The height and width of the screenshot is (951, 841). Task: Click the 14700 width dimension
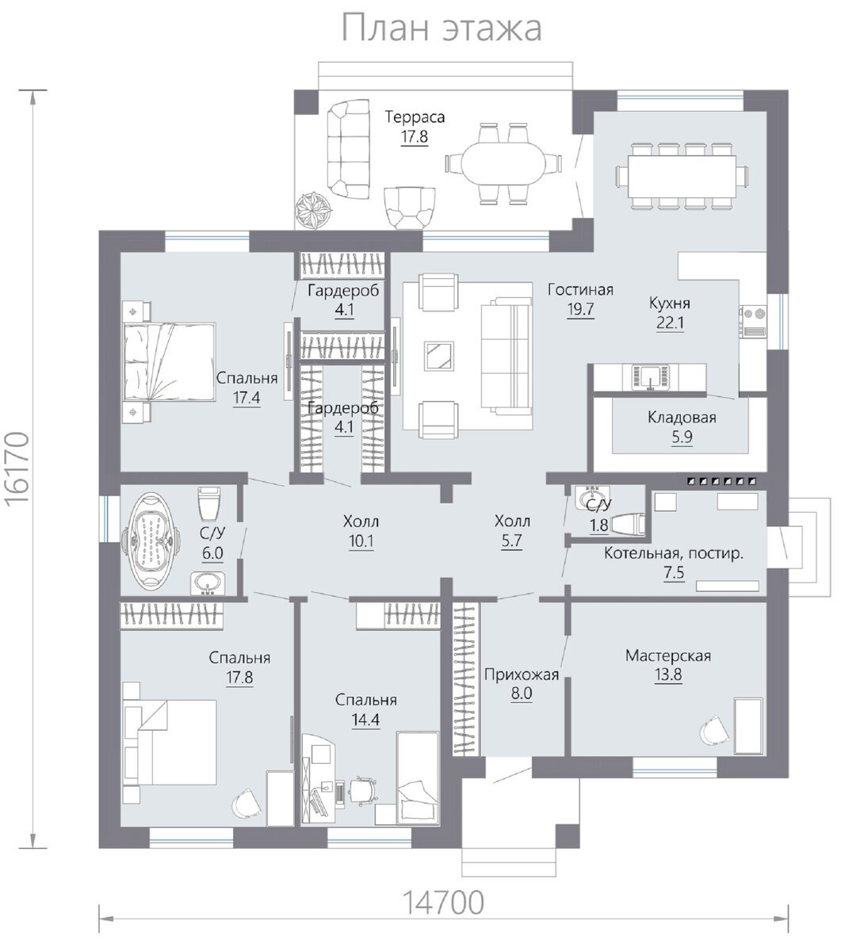pyautogui.click(x=443, y=902)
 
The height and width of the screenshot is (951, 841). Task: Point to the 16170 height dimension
pyautogui.click(x=19, y=468)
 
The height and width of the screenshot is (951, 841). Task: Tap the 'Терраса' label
pyautogui.click(x=415, y=116)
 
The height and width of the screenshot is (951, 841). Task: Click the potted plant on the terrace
pyautogui.click(x=314, y=210)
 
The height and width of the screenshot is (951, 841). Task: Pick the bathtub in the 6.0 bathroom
pyautogui.click(x=151, y=540)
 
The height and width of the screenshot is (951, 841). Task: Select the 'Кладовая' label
pyautogui.click(x=682, y=417)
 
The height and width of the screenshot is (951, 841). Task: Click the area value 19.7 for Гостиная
pyautogui.click(x=580, y=310)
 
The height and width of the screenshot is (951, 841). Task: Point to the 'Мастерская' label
pyautogui.click(x=667, y=655)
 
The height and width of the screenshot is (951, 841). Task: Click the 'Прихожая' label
pyautogui.click(x=522, y=675)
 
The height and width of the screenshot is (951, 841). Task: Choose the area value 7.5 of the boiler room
pyautogui.click(x=674, y=573)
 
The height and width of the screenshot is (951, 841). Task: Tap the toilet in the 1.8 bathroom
pyautogui.click(x=629, y=525)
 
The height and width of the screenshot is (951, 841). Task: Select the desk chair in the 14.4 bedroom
pyautogui.click(x=364, y=790)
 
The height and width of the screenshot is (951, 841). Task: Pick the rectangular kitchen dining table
pyautogui.click(x=682, y=177)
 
